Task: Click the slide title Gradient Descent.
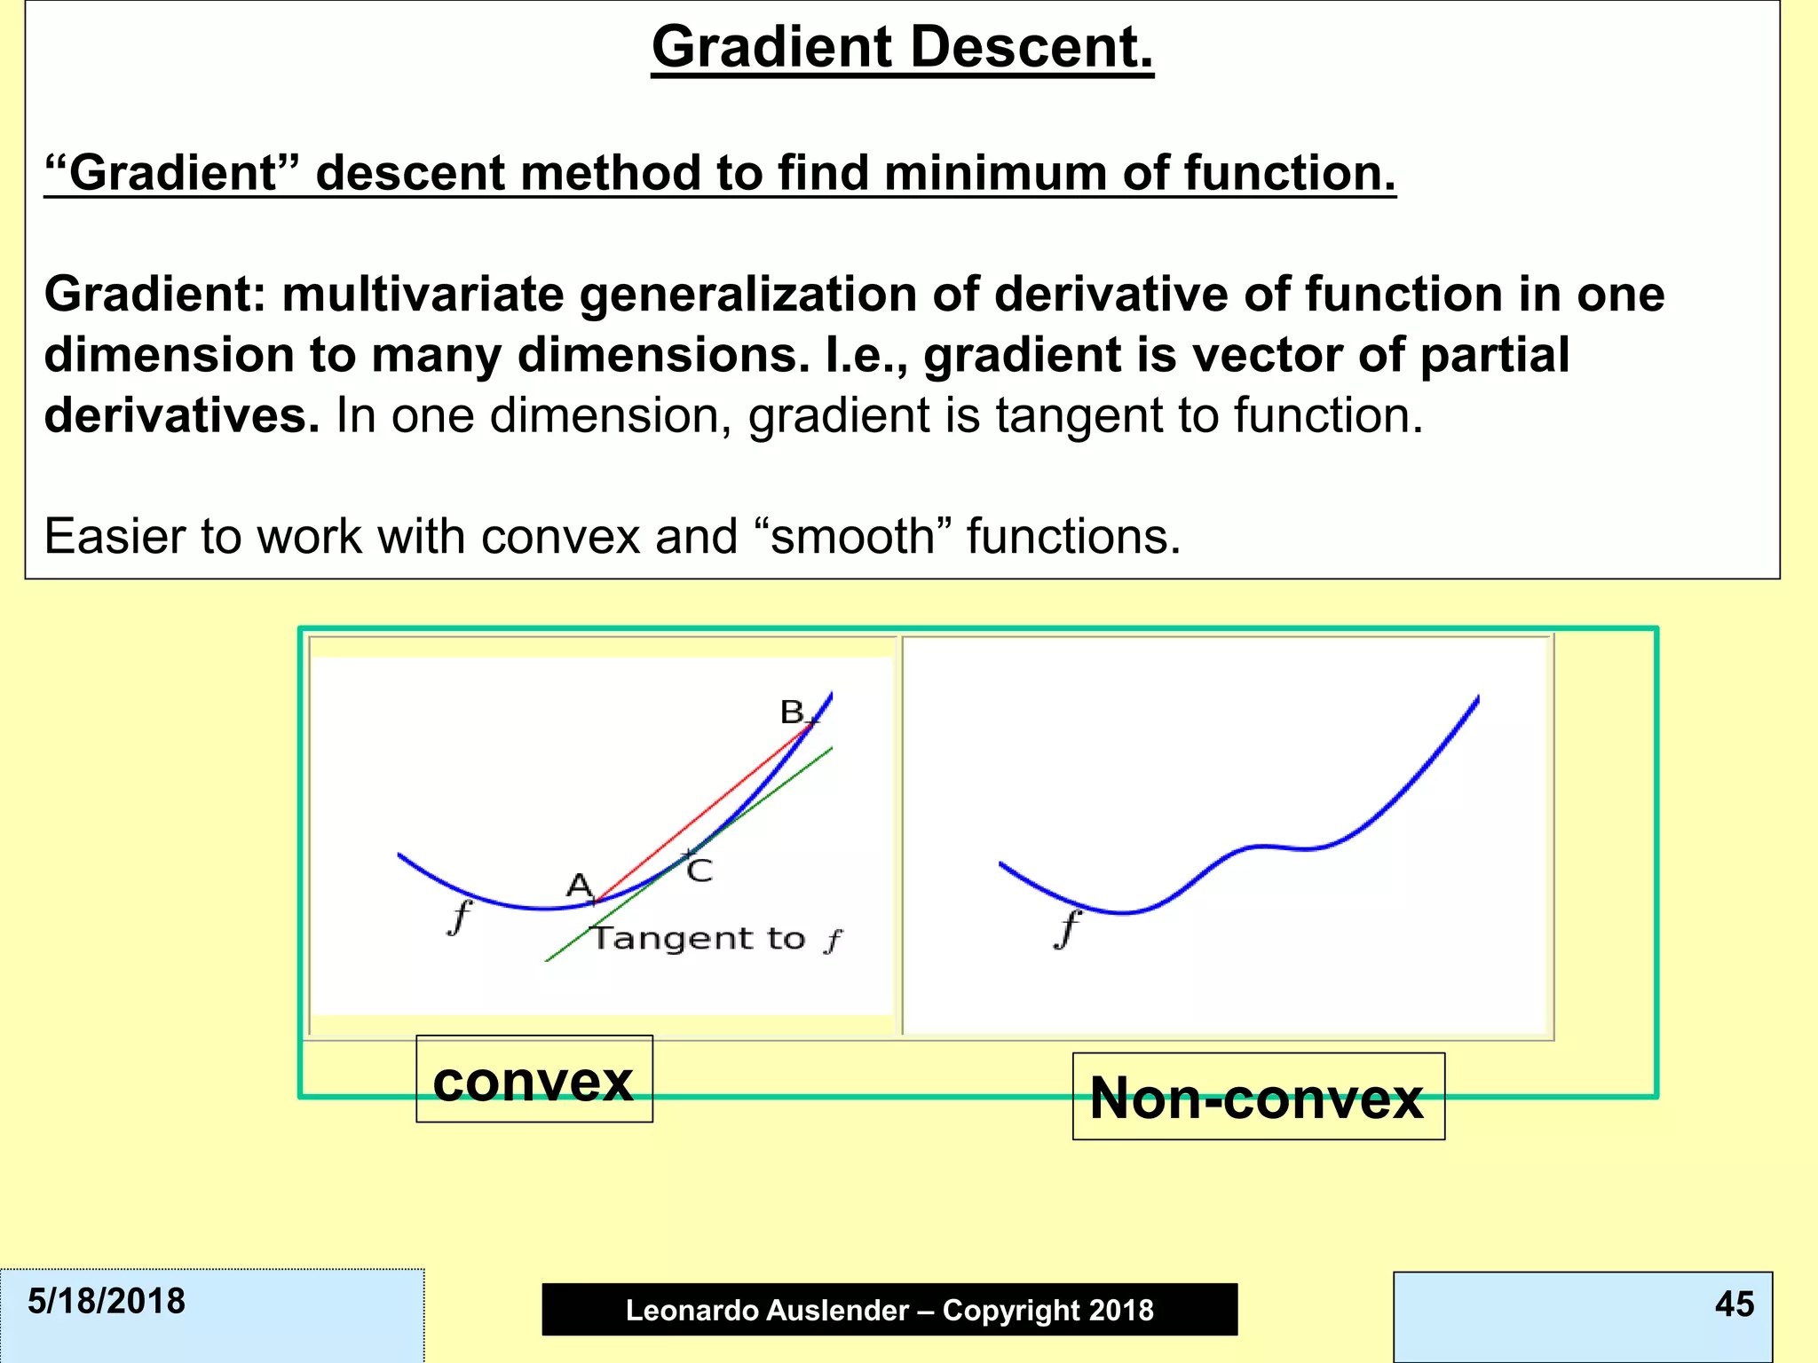click(x=902, y=47)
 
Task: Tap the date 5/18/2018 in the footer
click(x=107, y=1302)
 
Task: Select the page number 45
click(x=1734, y=1304)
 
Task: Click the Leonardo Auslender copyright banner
click(x=889, y=1310)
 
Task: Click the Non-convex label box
click(x=1257, y=1098)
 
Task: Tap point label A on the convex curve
click(x=579, y=885)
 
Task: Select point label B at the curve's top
click(x=791, y=712)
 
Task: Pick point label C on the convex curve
click(x=700, y=871)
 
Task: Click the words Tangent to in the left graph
click(x=699, y=939)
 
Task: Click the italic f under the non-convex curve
click(x=1068, y=930)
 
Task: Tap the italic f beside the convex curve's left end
click(x=459, y=917)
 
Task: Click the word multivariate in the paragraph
click(x=423, y=295)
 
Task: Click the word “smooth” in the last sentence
click(x=851, y=537)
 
